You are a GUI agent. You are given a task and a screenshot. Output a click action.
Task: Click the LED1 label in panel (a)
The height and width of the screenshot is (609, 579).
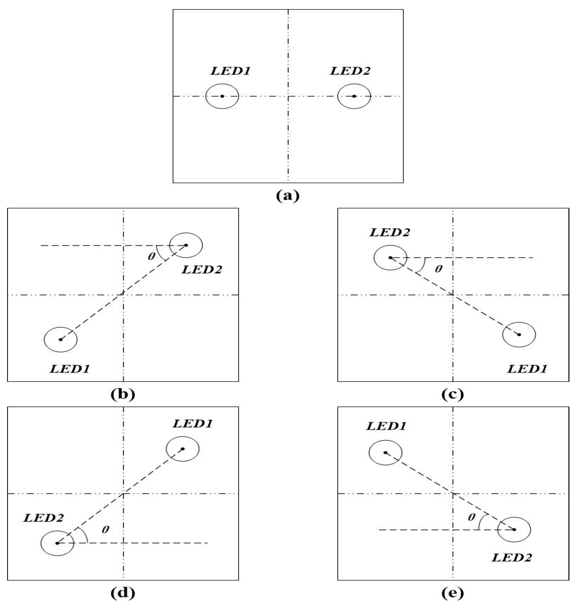pos(230,71)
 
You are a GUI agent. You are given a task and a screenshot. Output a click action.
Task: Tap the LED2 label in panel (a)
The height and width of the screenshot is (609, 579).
pos(350,71)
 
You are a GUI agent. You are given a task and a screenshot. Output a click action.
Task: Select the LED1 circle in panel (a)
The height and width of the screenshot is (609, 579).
pos(222,96)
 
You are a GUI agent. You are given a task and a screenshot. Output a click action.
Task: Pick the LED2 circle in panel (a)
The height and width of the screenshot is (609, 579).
pos(354,96)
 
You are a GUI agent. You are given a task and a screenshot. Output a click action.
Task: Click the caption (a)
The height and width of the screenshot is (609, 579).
pos(288,196)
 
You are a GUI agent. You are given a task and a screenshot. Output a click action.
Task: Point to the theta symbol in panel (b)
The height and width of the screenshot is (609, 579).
pos(151,256)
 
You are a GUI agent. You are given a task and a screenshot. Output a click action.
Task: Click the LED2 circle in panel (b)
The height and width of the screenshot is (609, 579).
pos(186,245)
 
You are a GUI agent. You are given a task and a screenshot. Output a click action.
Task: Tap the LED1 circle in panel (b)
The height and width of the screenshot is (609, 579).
pos(61,339)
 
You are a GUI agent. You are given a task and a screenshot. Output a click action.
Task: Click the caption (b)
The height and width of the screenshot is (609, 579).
pos(123,395)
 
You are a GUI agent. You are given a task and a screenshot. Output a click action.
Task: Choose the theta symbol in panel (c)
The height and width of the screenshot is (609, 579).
pos(438,269)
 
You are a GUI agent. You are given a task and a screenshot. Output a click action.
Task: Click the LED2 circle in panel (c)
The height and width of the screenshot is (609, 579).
pos(390,257)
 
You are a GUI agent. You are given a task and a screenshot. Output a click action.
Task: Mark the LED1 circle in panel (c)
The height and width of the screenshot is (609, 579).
pos(519,334)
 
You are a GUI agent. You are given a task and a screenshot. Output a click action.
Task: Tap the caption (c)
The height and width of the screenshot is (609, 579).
pos(452,395)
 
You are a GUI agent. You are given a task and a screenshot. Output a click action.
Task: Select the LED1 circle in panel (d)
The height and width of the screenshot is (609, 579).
pos(182,449)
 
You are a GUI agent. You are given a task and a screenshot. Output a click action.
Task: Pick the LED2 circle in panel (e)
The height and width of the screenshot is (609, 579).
pos(514,529)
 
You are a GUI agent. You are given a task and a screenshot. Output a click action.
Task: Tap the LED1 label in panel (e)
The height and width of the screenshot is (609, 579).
pos(386,426)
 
